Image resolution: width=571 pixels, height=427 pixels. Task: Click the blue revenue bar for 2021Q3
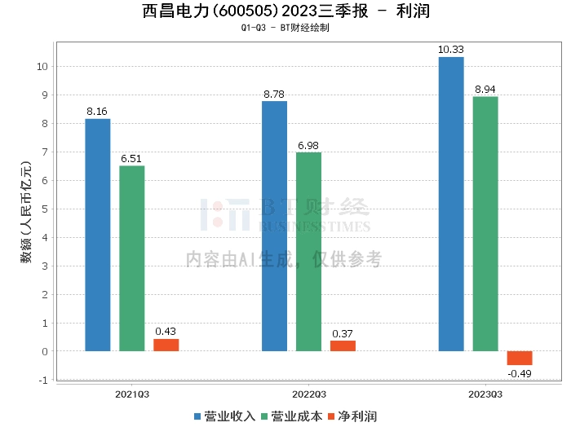pyautogui.click(x=98, y=235)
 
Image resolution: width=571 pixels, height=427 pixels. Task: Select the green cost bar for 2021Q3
pyautogui.click(x=132, y=258)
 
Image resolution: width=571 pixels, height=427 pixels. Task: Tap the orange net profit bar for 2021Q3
pyautogui.click(x=166, y=345)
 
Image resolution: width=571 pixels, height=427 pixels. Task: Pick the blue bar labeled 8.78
pyautogui.click(x=274, y=226)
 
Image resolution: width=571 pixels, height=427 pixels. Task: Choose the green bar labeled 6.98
pyautogui.click(x=308, y=252)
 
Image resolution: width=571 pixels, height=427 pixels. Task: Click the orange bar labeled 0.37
pyautogui.click(x=343, y=346)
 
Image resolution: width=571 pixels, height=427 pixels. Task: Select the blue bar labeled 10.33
pyautogui.click(x=451, y=204)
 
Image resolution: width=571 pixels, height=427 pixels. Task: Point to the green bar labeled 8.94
pyautogui.click(x=485, y=224)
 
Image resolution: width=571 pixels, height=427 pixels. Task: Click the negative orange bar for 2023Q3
pyautogui.click(x=520, y=359)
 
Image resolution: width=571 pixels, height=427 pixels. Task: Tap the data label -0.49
pyautogui.click(x=520, y=373)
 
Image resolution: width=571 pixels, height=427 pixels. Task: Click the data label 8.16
pyautogui.click(x=98, y=112)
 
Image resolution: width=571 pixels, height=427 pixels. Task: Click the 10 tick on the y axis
pyautogui.click(x=43, y=66)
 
